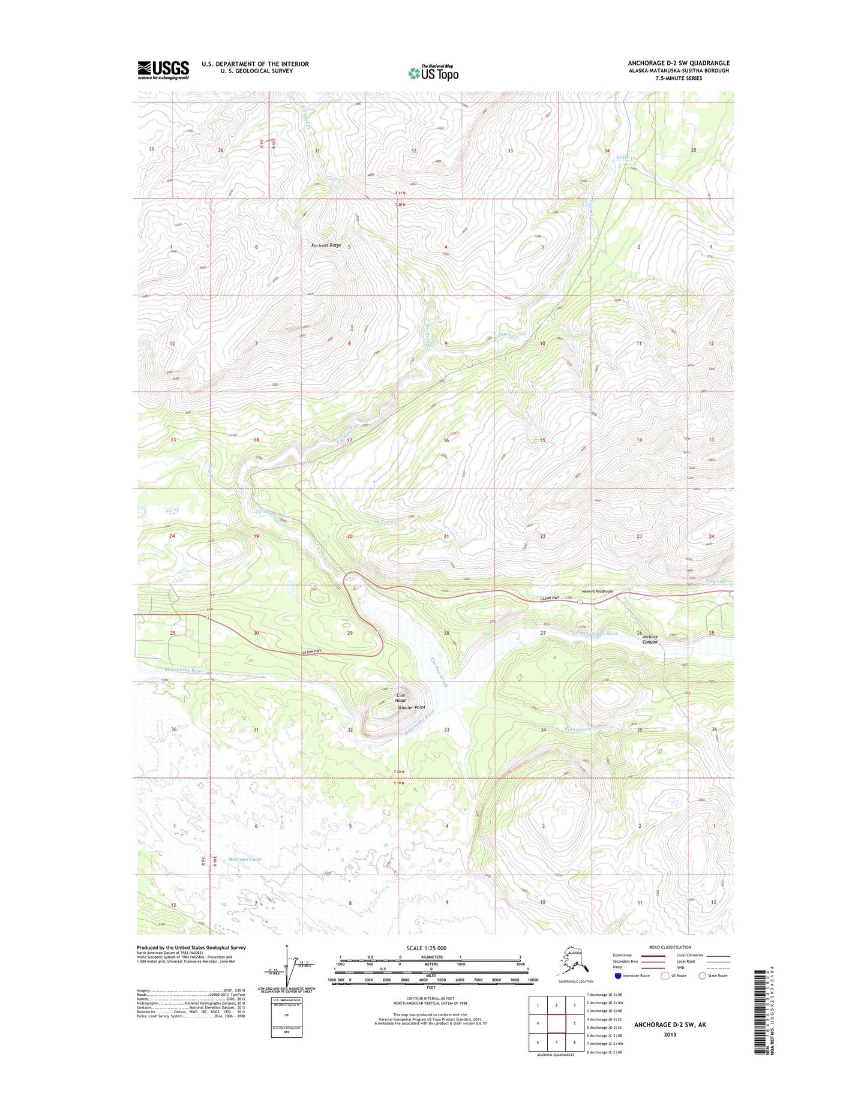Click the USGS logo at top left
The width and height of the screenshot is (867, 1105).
(x=163, y=70)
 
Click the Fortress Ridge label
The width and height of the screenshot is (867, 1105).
(x=326, y=245)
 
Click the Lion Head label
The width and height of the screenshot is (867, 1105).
(x=400, y=698)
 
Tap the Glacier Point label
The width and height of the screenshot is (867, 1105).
(x=412, y=707)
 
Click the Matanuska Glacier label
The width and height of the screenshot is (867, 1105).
(x=245, y=859)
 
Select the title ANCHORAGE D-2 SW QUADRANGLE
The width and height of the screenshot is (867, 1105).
(x=679, y=63)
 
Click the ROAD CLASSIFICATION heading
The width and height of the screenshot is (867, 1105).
(x=670, y=947)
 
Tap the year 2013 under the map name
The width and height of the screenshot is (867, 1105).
(x=670, y=1034)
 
